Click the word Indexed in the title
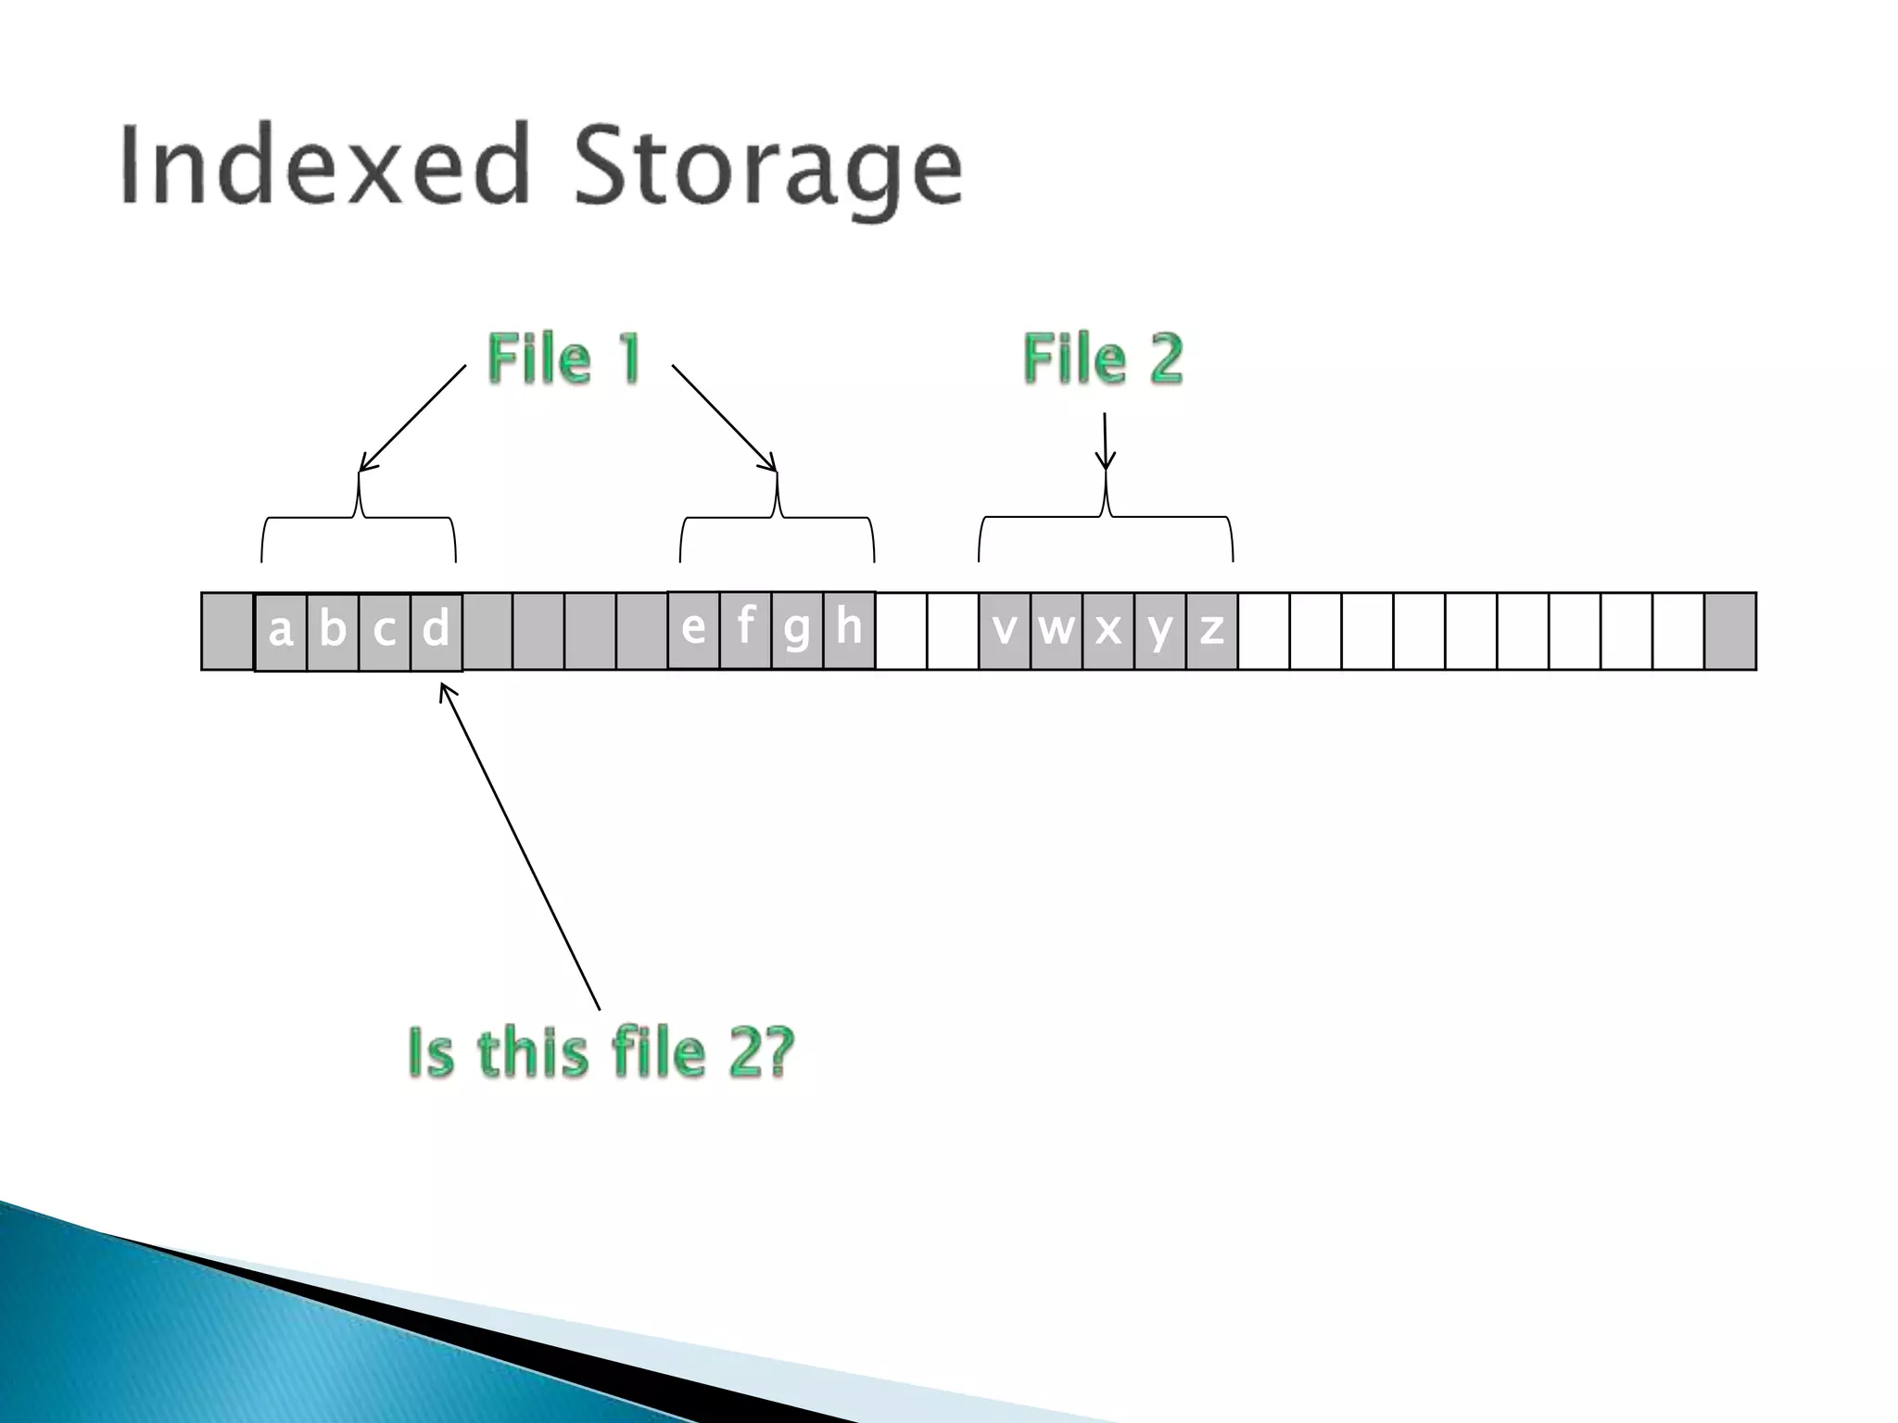coord(324,165)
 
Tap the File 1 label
coord(563,359)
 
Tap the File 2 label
coord(1103,359)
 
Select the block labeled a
coord(281,632)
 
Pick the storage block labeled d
coord(436,632)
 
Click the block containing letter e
coord(693,630)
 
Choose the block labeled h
coord(849,630)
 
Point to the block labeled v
coord(1005,631)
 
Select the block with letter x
coord(1108,631)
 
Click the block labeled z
coord(1212,631)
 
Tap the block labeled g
coord(797,630)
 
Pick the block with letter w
coord(1057,631)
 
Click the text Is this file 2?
coord(601,1053)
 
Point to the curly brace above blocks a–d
coord(359,519)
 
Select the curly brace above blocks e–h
coord(777,519)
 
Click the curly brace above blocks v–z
coord(1106,517)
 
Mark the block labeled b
coord(333,632)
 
